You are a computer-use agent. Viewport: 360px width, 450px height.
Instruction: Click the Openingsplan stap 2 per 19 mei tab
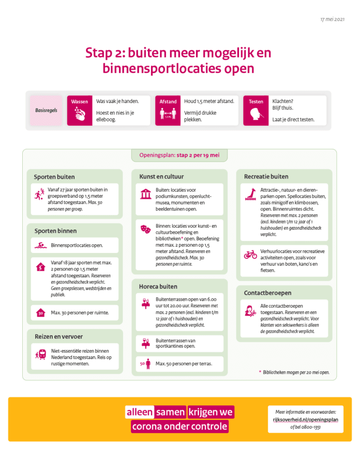[179, 155]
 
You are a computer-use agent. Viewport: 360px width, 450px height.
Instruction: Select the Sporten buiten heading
[54, 176]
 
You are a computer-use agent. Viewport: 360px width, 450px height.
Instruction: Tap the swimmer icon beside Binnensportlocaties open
[41, 245]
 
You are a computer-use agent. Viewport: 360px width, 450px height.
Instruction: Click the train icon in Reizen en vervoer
[40, 356]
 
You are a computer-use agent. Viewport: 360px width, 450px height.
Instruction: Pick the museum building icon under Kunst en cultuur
[145, 194]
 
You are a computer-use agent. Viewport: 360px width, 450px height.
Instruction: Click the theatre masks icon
[145, 227]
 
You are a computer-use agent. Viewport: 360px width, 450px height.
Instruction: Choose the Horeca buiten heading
[158, 286]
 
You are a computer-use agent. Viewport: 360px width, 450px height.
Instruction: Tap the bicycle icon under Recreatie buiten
[250, 254]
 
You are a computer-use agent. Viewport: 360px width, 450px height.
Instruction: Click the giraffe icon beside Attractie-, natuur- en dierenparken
[250, 194]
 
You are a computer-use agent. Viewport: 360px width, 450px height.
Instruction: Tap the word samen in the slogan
[170, 412]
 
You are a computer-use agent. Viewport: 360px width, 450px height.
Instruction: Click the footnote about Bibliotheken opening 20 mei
[294, 372]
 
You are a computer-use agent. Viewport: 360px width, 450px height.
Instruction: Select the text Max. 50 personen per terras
[184, 364]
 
